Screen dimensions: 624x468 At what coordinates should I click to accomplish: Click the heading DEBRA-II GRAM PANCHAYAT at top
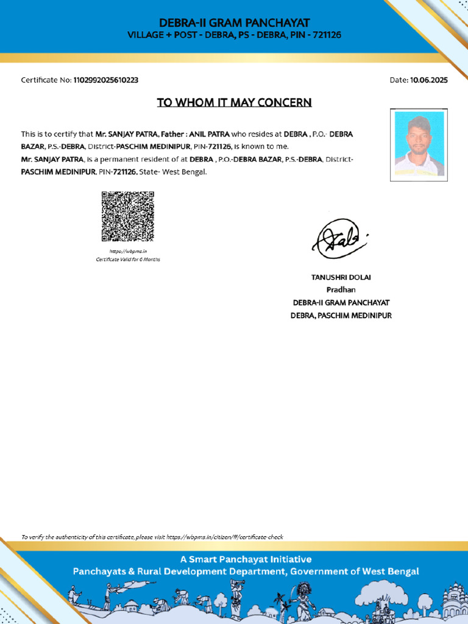point(234,23)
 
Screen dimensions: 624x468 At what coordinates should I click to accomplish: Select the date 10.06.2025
point(429,80)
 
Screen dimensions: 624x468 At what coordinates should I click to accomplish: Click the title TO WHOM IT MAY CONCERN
point(234,102)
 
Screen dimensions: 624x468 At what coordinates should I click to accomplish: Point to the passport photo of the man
point(419,144)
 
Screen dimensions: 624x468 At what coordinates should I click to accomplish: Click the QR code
point(127,216)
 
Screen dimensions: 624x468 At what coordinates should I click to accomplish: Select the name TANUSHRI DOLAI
point(341,277)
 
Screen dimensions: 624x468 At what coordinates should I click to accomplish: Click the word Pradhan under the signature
point(341,290)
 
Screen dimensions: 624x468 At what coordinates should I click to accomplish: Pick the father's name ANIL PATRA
point(210,134)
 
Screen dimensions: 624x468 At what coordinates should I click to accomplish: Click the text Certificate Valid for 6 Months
point(128,260)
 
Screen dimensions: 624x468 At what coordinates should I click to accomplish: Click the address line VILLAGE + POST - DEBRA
point(234,35)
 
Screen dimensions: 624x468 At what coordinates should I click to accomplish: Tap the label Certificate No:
point(46,80)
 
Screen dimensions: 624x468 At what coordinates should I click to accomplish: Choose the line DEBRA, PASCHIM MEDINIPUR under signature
point(341,316)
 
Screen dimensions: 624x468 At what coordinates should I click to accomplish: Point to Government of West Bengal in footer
point(354,572)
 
